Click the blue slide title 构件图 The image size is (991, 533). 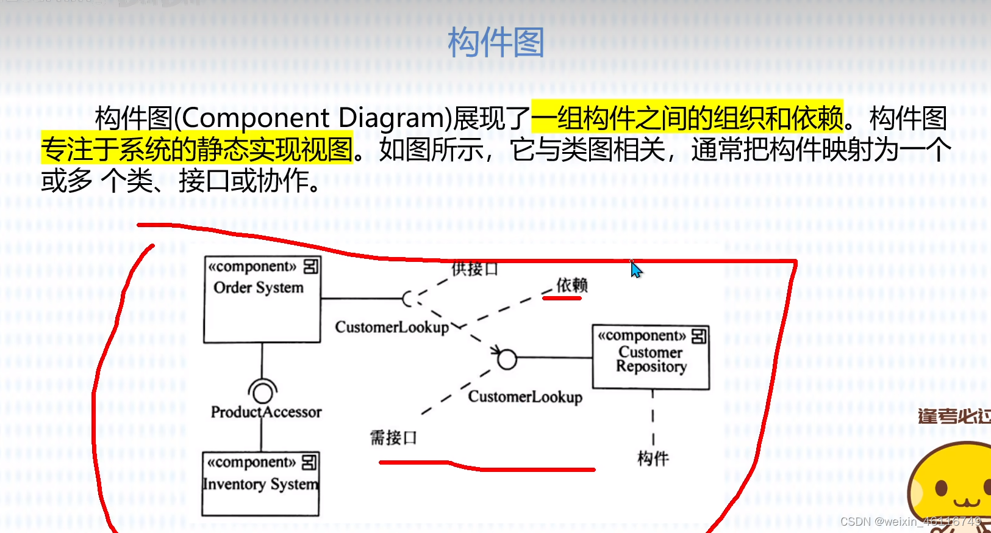495,43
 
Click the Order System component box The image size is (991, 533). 262,299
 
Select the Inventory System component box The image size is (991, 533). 260,484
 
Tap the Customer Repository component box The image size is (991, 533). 651,358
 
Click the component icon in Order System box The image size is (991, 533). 310,266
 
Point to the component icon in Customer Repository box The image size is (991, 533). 698,336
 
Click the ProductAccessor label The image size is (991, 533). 266,412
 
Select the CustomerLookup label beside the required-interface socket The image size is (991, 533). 392,327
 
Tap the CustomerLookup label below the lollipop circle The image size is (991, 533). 525,397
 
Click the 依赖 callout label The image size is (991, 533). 571,285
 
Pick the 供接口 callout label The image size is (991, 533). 474,269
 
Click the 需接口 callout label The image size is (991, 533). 393,438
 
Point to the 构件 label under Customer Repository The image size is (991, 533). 653,459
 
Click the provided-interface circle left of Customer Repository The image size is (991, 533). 507,359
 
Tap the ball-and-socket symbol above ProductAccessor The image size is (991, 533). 262,390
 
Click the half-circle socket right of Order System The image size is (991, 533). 409,299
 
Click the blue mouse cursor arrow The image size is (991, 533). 636,270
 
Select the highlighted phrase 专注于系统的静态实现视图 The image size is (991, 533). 197,149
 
